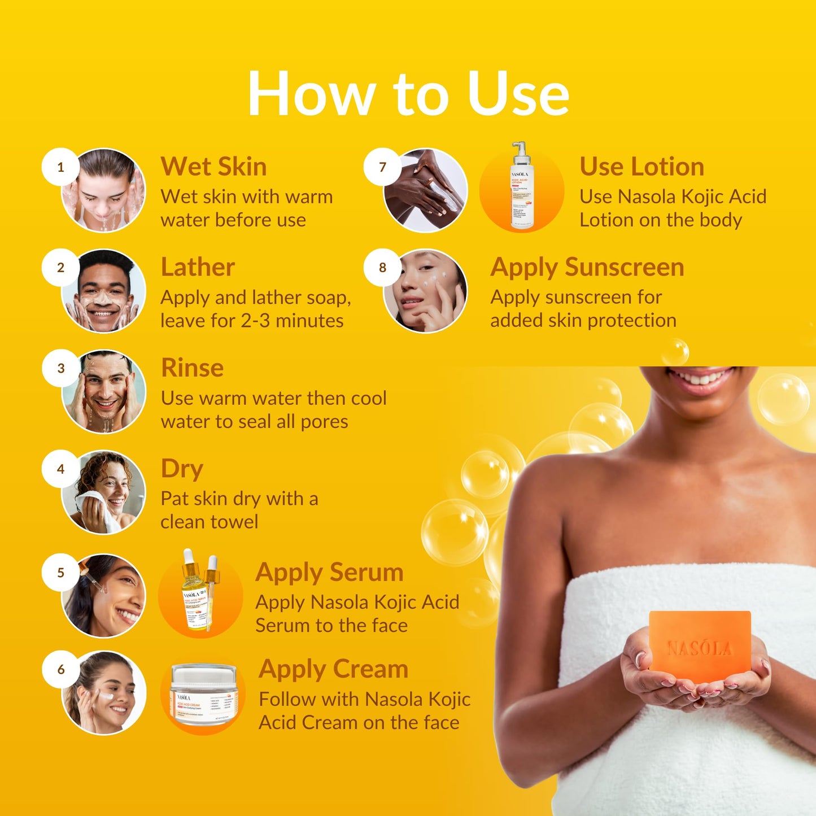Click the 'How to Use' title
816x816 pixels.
tap(408, 94)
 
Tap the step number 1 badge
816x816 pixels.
tap(60, 167)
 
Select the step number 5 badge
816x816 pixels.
tap(60, 573)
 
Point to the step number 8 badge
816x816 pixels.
tap(382, 268)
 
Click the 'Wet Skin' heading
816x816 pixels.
tap(213, 167)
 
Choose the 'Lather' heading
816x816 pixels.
tap(198, 267)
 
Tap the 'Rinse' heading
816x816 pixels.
tap(193, 368)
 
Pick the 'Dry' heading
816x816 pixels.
tap(182, 469)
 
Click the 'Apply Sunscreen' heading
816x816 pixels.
tap(587, 267)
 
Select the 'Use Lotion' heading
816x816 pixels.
tap(642, 167)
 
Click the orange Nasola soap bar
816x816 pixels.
tap(700, 646)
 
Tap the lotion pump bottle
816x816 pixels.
tap(521, 186)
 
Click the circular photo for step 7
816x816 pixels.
tap(426, 190)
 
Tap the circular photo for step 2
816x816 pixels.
tap(104, 291)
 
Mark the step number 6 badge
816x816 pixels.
tap(60, 670)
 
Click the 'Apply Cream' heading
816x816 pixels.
tap(333, 669)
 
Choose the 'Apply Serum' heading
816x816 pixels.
tap(329, 573)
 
